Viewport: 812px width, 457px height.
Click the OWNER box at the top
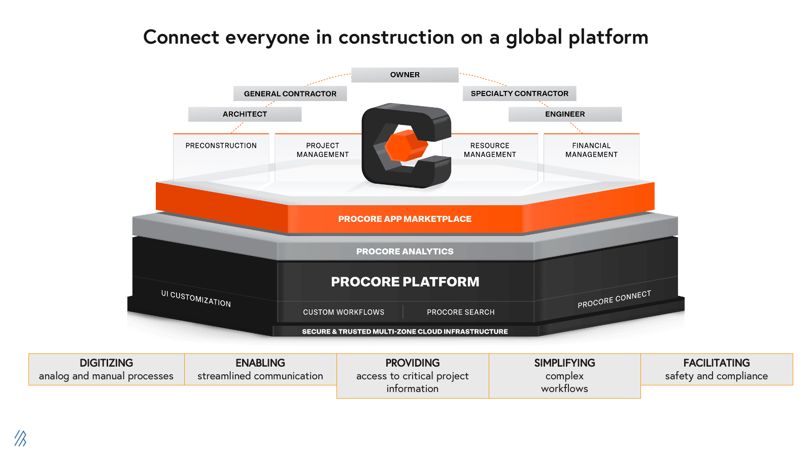coord(405,75)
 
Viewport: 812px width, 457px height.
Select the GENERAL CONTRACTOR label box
coord(290,93)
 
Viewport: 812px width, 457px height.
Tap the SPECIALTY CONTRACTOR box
coord(519,93)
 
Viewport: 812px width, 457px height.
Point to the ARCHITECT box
coord(245,114)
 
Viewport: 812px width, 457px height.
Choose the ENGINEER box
coord(565,114)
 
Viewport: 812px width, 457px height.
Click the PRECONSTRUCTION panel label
coord(221,146)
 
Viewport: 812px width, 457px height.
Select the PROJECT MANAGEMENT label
coord(323,150)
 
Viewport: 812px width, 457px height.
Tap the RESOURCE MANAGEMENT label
coord(490,150)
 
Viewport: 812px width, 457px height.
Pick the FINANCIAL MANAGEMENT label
coord(591,150)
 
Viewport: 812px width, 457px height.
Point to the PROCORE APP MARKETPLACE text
coord(405,219)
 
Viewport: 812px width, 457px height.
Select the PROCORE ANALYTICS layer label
coord(405,251)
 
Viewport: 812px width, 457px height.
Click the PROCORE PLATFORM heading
coord(405,282)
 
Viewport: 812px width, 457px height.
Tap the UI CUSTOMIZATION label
coord(196,299)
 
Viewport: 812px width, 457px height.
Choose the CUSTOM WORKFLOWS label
coord(344,312)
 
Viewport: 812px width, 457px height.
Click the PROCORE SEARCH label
coord(460,312)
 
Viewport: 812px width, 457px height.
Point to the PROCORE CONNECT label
coord(614,300)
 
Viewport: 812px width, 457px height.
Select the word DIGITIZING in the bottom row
coord(106,363)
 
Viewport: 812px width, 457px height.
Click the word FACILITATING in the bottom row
coord(716,363)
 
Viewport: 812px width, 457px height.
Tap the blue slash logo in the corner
coord(20,438)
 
